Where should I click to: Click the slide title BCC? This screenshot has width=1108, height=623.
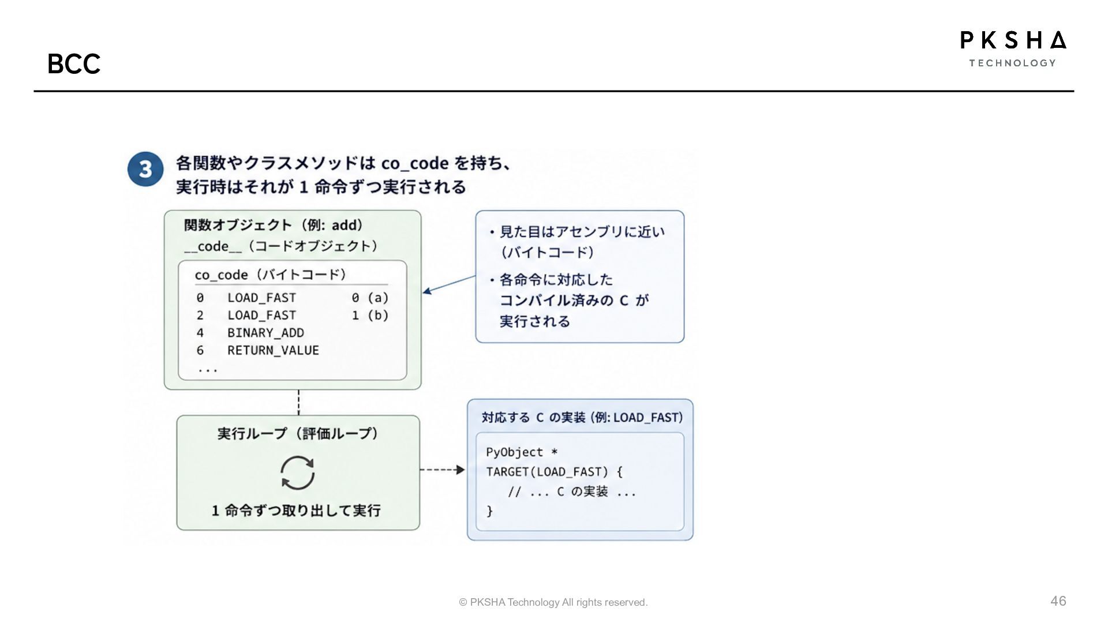click(x=74, y=63)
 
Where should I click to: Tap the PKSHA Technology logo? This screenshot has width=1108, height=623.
click(x=1013, y=49)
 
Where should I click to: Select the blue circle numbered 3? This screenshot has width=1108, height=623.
click(x=145, y=169)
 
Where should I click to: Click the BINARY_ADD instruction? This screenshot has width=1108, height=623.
click(x=265, y=333)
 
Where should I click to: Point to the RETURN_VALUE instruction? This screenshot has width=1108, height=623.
click(x=273, y=350)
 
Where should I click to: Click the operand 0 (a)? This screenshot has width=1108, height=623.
click(x=370, y=298)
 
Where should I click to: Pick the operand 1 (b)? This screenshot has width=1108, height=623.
click(x=370, y=315)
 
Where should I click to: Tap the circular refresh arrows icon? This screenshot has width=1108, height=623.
click(x=298, y=473)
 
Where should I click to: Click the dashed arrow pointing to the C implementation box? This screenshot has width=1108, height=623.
click(x=442, y=470)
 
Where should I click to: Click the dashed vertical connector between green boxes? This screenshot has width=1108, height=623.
click(x=298, y=403)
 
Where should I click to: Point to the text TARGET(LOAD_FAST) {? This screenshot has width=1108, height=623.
click(x=554, y=472)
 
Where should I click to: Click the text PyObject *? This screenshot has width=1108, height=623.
click(x=522, y=452)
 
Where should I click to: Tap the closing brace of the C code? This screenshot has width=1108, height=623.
click(x=489, y=511)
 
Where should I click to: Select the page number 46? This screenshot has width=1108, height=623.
click(x=1058, y=601)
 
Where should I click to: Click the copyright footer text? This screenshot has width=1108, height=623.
click(x=553, y=602)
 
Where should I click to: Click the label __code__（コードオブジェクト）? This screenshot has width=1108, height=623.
click(x=282, y=246)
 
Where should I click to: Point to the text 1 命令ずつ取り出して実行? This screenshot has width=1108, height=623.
click(x=296, y=511)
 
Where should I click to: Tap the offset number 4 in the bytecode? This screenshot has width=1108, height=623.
click(x=200, y=333)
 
